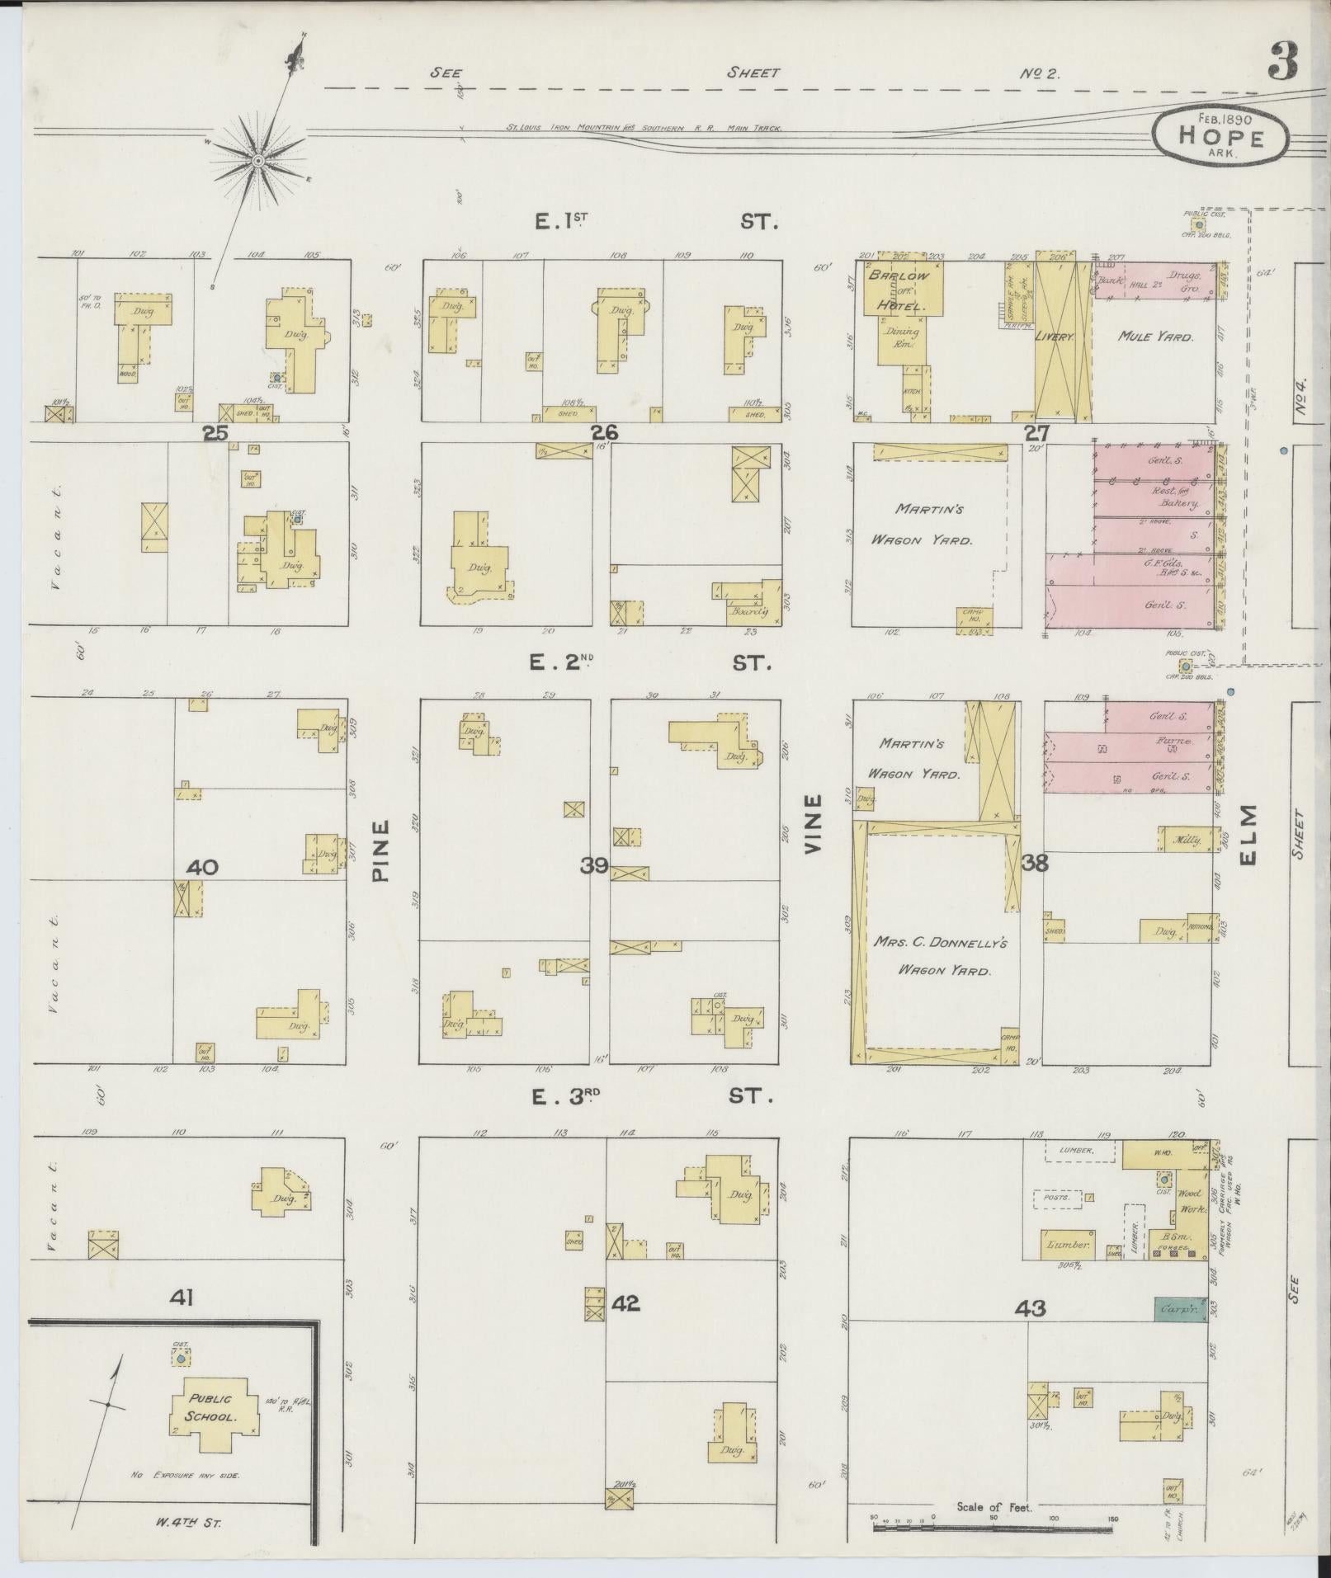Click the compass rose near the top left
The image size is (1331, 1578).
257,159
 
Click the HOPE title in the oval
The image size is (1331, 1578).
1220,137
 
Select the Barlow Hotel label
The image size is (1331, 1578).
897,290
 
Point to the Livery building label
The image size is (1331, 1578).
1063,338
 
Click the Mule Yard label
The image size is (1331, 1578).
1155,336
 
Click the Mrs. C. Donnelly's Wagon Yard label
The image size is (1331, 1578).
944,956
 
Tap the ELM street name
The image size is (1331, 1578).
1247,835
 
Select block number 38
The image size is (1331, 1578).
1035,863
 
